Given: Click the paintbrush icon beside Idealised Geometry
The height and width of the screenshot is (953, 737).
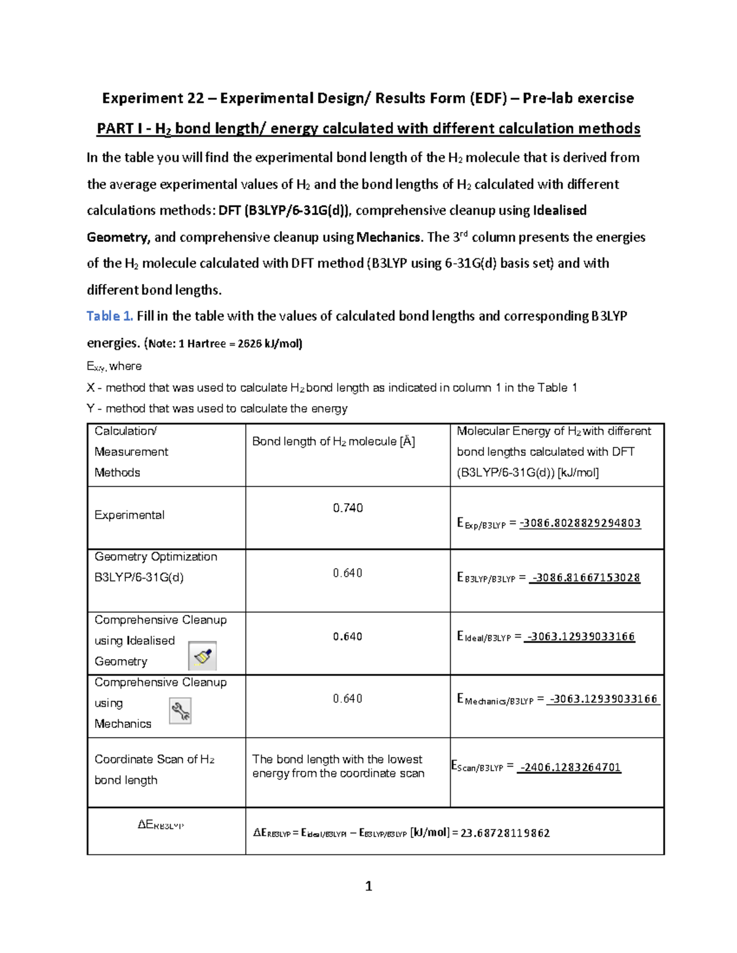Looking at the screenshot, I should click(202, 656).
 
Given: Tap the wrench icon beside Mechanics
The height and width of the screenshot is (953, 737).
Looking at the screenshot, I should click(180, 711).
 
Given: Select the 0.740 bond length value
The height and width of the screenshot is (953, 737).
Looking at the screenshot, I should click(348, 508).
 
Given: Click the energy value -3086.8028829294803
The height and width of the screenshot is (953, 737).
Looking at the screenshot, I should click(580, 523).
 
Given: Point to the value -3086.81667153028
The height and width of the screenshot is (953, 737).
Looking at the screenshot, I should click(585, 578).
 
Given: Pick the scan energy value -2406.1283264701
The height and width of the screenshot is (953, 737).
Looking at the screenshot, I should click(569, 767).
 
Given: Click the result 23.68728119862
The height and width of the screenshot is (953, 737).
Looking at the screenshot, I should click(505, 833).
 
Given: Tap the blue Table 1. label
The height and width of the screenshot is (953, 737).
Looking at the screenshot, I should click(109, 316).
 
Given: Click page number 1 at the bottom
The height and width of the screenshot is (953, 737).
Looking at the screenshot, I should click(368, 885).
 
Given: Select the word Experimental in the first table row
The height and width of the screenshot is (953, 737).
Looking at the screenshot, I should click(129, 515).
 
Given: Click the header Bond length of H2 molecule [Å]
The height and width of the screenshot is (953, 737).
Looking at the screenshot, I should click(333, 441).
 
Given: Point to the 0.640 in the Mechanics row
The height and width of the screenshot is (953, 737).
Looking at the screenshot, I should click(348, 699).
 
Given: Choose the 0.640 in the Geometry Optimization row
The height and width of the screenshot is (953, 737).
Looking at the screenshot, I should click(348, 573).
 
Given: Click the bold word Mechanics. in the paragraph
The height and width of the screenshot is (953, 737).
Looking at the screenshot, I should click(390, 237).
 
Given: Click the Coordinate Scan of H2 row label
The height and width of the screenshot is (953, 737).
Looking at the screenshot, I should click(154, 760).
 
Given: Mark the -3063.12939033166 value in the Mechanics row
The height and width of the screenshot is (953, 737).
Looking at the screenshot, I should click(604, 699).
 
